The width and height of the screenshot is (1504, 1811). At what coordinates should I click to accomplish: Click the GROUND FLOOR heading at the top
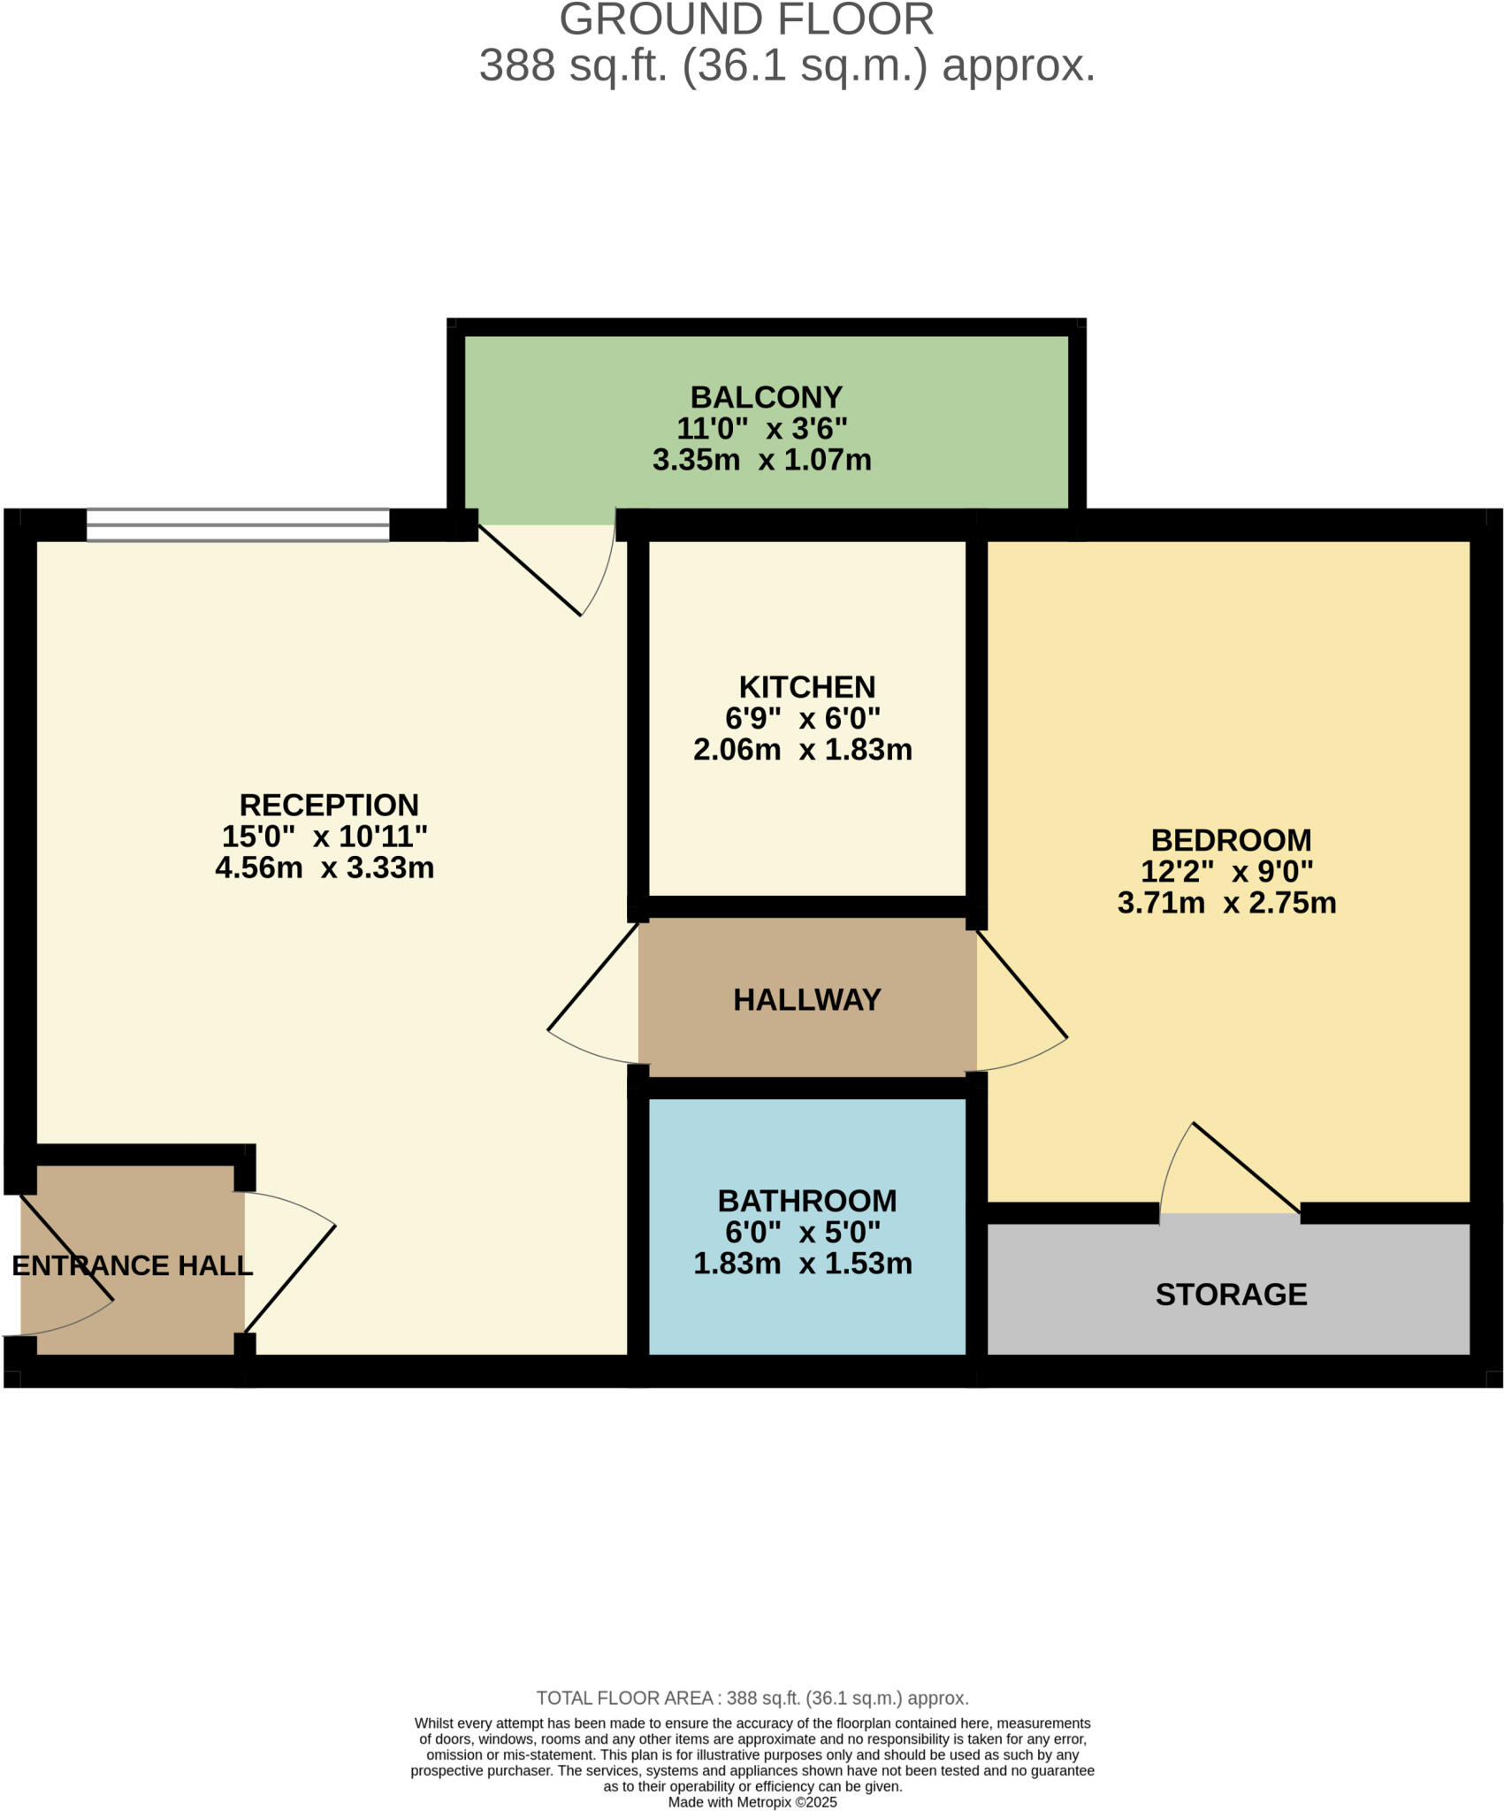[746, 19]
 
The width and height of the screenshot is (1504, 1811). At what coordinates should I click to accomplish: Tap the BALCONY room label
[766, 397]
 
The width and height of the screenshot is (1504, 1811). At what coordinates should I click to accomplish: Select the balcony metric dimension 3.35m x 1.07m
[761, 460]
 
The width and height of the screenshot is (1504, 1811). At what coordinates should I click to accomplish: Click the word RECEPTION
[329, 805]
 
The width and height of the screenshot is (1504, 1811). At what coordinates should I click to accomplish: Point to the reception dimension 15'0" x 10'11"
[324, 836]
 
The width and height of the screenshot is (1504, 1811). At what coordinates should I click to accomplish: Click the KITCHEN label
[806, 687]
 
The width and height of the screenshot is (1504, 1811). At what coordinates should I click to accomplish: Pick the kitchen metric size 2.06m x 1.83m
[802, 750]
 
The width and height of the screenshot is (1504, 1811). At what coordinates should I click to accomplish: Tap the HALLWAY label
[806, 999]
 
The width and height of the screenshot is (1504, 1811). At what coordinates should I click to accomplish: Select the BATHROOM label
[806, 1201]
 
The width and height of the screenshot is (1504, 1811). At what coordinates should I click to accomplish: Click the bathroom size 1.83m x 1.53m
[802, 1264]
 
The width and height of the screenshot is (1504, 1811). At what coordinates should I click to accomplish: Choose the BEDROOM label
[1231, 840]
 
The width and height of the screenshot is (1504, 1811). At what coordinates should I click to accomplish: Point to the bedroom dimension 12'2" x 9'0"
[1226, 872]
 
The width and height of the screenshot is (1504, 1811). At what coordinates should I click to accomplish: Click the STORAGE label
[1231, 1295]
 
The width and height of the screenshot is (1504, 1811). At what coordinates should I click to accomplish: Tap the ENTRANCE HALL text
[133, 1265]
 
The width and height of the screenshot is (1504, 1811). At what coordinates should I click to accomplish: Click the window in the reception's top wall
[237, 524]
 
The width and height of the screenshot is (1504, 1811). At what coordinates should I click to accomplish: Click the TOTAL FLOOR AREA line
[752, 1698]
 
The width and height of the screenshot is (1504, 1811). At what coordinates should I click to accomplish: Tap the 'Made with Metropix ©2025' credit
[752, 1802]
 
